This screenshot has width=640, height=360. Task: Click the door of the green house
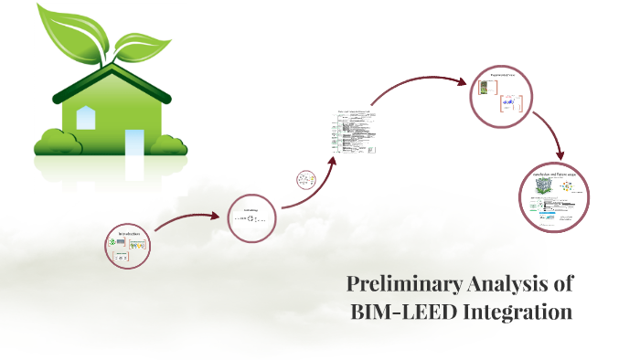[133, 143]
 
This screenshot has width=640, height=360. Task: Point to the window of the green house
[86, 117]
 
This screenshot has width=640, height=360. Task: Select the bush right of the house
[171, 143]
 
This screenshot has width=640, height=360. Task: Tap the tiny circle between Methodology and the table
[306, 180]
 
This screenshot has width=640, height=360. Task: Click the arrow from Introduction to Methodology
[187, 220]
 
